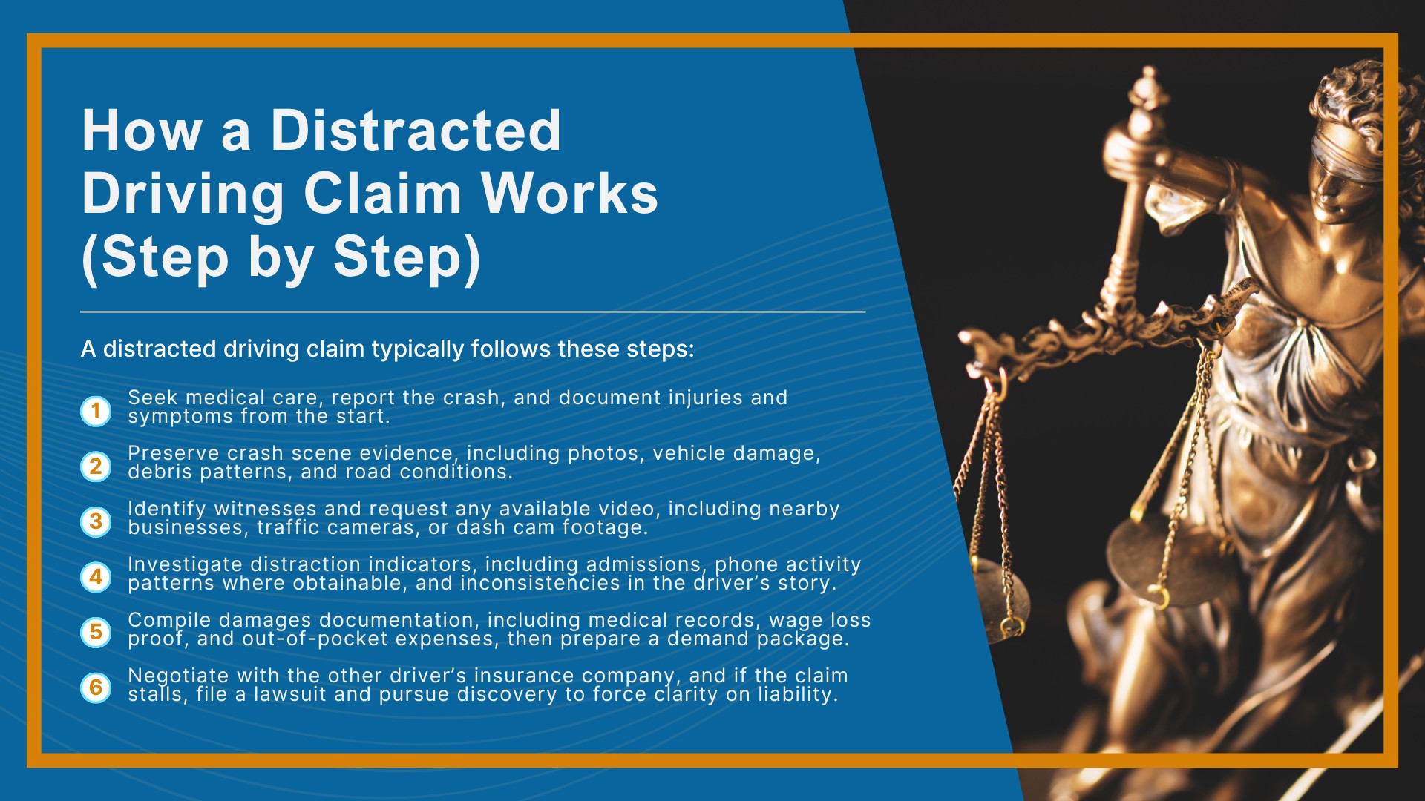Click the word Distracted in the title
click(x=416, y=131)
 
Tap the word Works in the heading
click(x=569, y=194)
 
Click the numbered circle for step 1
click(x=96, y=410)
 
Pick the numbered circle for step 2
click(x=96, y=466)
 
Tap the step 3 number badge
click(x=96, y=521)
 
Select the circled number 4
click(x=96, y=577)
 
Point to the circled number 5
click(x=96, y=632)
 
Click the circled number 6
click(x=96, y=688)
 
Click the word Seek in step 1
click(x=152, y=398)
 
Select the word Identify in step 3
click(x=167, y=509)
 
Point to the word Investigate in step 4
click(x=185, y=564)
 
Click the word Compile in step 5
click(x=168, y=620)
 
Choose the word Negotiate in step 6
click(x=178, y=676)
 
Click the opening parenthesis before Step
click(x=89, y=260)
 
